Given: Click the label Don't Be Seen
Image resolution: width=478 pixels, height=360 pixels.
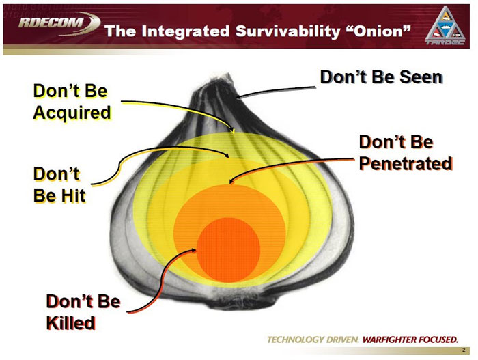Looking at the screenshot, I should coord(382,77).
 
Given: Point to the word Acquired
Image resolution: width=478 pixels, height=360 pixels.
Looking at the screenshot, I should coord(72,112).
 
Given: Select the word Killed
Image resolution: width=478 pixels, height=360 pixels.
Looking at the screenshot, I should coord(70,322).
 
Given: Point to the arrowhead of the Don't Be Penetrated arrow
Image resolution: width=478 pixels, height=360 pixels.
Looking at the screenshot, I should coord(231,182).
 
